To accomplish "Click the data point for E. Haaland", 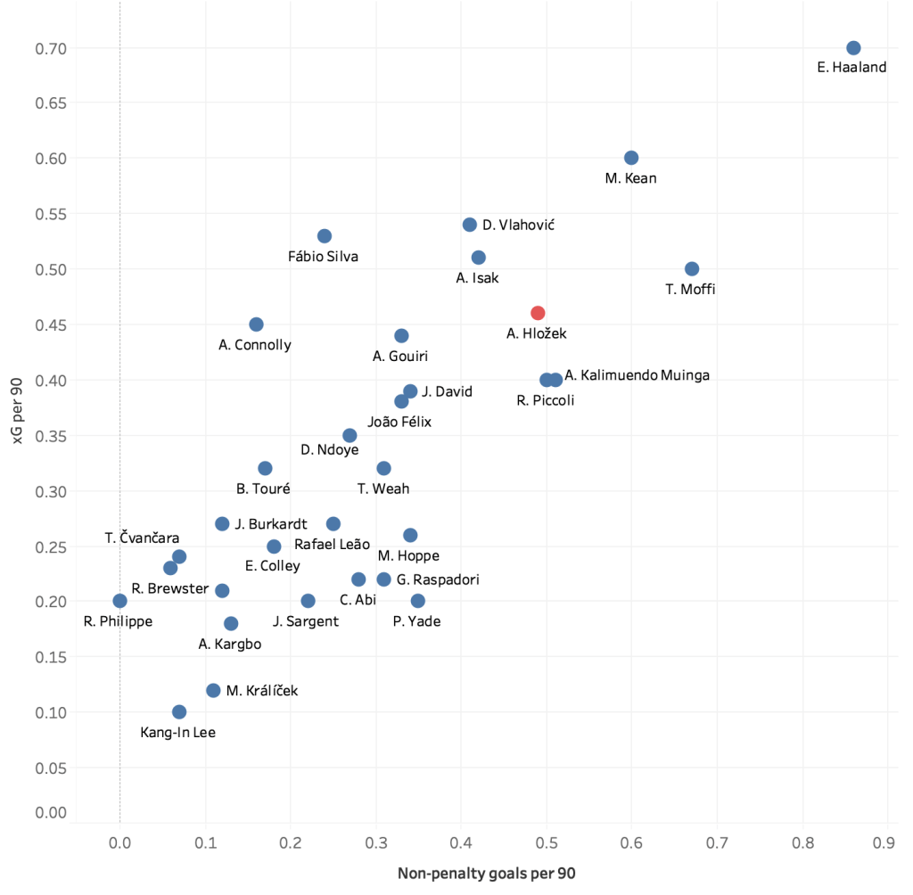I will pos(853,48).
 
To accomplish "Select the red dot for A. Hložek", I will pos(538,313).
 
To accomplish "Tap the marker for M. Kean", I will pos(631,158).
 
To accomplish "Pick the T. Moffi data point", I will pos(692,269).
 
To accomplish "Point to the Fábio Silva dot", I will pos(325,236).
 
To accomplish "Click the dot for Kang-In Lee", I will pos(179,712).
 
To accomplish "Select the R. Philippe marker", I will pos(120,601).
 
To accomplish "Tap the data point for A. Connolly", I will pos(257,324).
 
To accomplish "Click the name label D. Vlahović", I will pos(518,226).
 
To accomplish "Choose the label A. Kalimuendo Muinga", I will pos(637,375).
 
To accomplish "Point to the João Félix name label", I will pos(399,422).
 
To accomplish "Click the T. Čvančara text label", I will pos(142,538).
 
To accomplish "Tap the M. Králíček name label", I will pos(262,691).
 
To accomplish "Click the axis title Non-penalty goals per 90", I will pos(486,874).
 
